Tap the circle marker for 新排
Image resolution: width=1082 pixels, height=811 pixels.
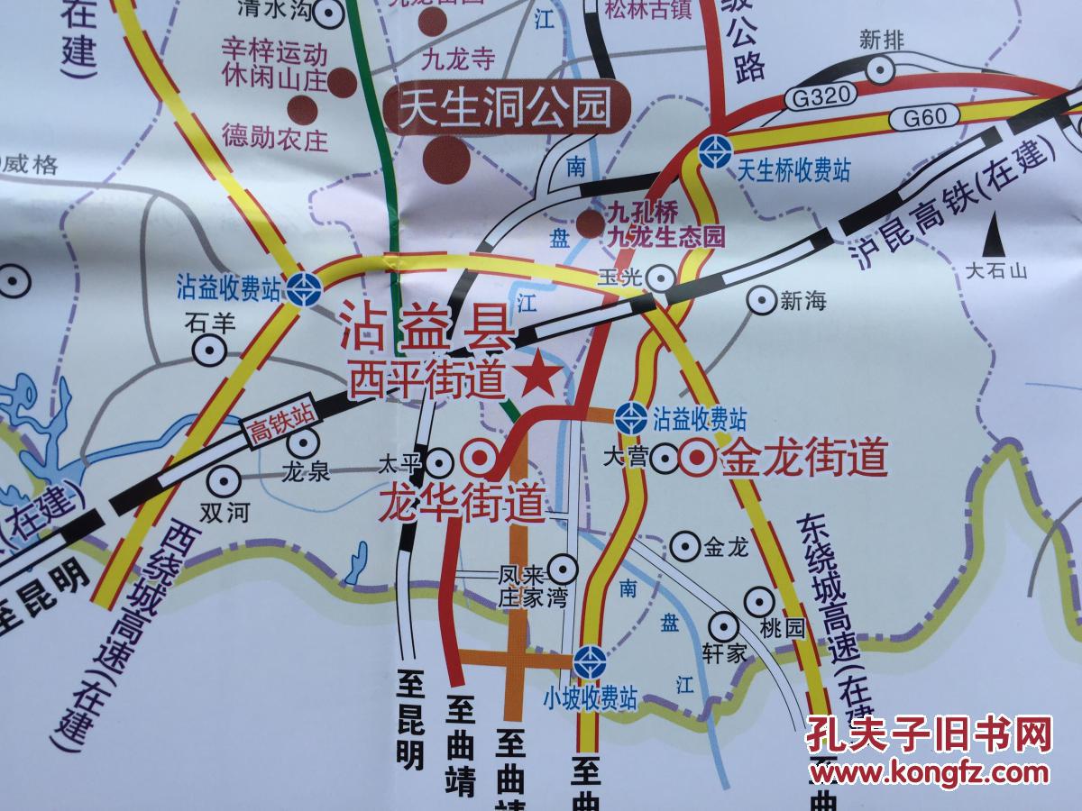pos(879,68)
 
